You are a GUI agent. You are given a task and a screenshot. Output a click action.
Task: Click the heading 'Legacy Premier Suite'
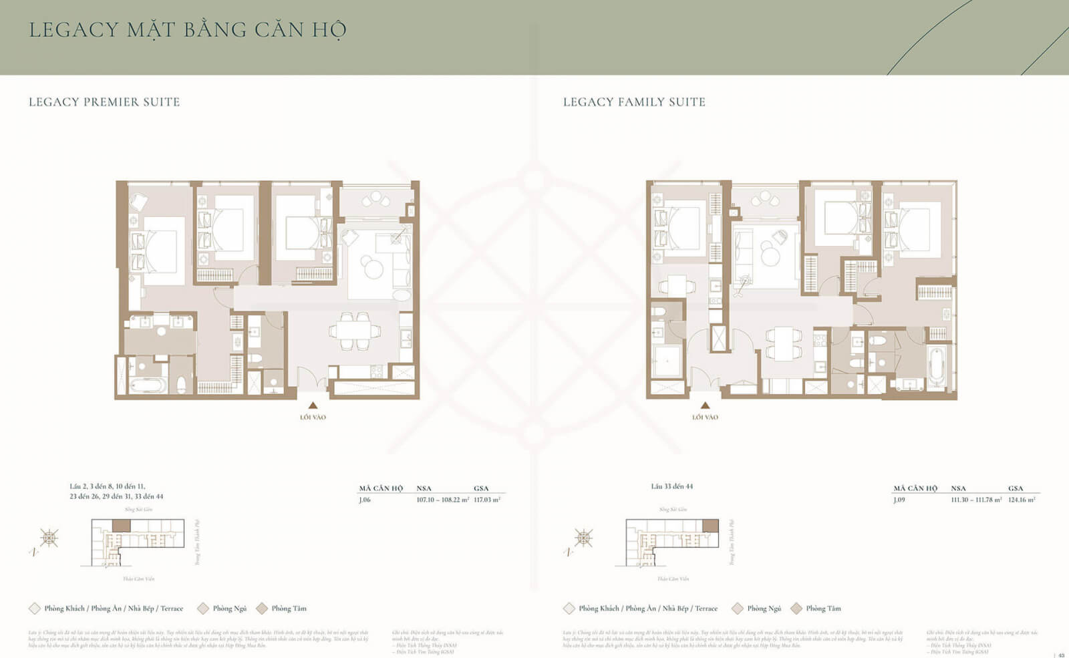click(104, 102)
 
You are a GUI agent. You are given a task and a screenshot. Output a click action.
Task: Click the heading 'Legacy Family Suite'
click(634, 102)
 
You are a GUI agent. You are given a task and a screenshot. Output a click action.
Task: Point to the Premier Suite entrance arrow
click(313, 405)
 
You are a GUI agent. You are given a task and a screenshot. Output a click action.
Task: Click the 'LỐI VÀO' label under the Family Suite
click(705, 418)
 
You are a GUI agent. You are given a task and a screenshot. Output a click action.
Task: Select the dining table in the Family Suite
click(784, 343)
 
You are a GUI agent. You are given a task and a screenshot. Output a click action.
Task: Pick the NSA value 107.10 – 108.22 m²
click(442, 500)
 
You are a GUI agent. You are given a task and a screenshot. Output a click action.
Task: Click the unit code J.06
click(365, 500)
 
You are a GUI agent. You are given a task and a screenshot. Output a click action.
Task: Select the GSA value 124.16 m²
click(1022, 500)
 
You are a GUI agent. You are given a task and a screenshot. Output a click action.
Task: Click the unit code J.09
click(899, 500)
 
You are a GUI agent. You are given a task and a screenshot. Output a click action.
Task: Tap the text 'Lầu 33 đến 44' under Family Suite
click(671, 486)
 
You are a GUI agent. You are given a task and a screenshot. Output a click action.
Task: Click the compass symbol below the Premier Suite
click(49, 538)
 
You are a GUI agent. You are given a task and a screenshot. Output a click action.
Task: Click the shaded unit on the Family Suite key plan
click(710, 526)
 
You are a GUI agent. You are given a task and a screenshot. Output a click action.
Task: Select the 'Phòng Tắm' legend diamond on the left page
click(262, 609)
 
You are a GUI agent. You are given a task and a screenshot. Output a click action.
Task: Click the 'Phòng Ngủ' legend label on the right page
click(764, 609)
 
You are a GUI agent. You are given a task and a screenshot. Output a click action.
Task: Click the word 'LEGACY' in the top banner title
click(73, 30)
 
